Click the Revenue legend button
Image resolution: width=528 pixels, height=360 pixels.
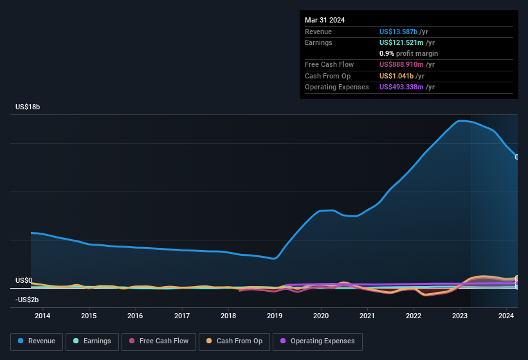pos(37,341)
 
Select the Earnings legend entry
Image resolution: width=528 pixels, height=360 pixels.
pos(92,341)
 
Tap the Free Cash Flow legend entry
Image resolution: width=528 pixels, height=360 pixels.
pos(159,341)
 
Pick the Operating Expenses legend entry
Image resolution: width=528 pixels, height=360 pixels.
pos(318,341)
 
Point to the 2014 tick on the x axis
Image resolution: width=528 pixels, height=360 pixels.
pos(42,316)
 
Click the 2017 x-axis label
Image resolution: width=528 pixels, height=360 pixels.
pos(182,316)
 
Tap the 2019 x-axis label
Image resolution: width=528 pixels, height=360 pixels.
pos(275,316)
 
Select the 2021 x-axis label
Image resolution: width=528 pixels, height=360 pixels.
pos(367,316)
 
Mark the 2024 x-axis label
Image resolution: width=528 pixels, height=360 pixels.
pos(506,316)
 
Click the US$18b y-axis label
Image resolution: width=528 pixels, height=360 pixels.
pos(28,107)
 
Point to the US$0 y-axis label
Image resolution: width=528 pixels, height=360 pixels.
pos(24,281)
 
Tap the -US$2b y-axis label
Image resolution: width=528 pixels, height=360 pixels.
pos(27,300)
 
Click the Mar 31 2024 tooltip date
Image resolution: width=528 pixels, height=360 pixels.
pos(325,20)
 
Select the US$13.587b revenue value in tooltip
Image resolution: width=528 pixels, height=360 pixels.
pos(399,32)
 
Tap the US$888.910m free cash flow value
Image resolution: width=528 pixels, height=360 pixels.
pos(401,64)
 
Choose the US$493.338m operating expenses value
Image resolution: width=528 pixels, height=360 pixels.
pos(401,87)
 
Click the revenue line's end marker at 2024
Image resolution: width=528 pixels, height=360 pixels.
pos(517,157)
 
